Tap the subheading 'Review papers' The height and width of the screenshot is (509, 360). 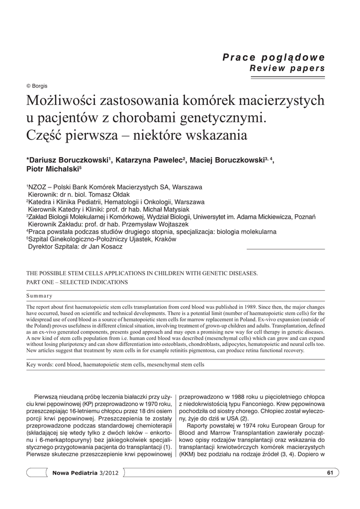click(287, 68)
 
